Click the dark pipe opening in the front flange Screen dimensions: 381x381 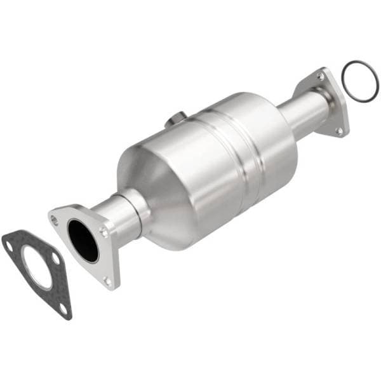tap(83, 241)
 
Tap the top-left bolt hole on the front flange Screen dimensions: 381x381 tap(55, 220)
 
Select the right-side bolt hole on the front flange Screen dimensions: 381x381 tap(104, 232)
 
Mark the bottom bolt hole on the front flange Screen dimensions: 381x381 tap(106, 280)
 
